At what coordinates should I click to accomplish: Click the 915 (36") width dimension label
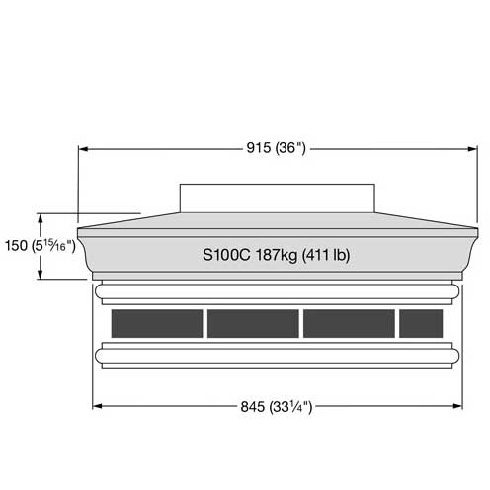(x=276, y=148)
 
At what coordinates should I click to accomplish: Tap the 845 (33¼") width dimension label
(x=276, y=407)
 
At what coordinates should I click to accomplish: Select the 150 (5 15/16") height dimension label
(x=41, y=246)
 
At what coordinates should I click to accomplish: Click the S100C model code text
(x=226, y=255)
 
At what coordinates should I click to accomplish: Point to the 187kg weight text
(x=277, y=255)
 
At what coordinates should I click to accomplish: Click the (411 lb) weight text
(x=326, y=255)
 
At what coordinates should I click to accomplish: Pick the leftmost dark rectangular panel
(x=157, y=323)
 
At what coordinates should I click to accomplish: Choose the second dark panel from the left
(x=253, y=323)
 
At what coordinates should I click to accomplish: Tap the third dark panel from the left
(x=349, y=323)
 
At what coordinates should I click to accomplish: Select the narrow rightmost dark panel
(x=421, y=323)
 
